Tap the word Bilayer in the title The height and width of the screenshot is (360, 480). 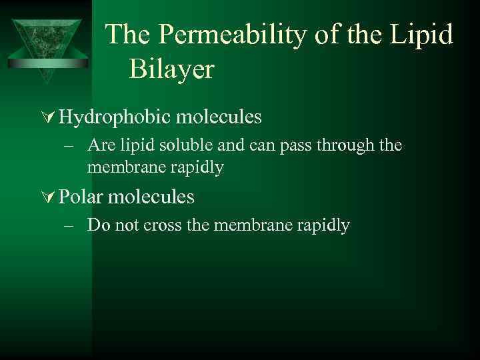point(171,69)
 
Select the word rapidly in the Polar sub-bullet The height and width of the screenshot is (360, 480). point(323,225)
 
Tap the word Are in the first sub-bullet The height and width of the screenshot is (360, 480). point(99,145)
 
